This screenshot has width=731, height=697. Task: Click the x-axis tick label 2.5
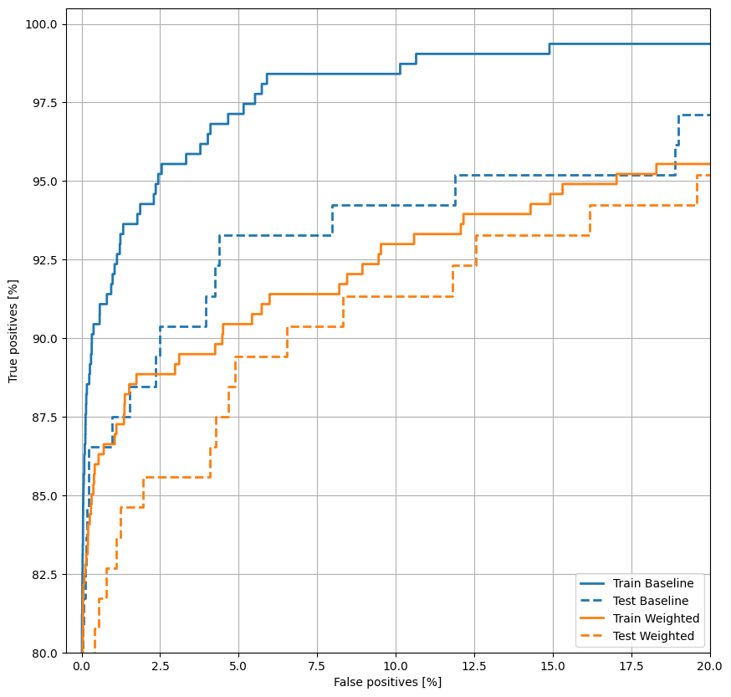click(160, 667)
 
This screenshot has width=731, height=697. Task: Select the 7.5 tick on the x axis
click(317, 667)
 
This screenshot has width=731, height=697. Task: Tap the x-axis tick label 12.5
click(474, 667)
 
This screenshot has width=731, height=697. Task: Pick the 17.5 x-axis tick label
click(631, 667)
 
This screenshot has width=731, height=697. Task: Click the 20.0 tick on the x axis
click(709, 667)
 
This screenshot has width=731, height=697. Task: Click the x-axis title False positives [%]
click(387, 683)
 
